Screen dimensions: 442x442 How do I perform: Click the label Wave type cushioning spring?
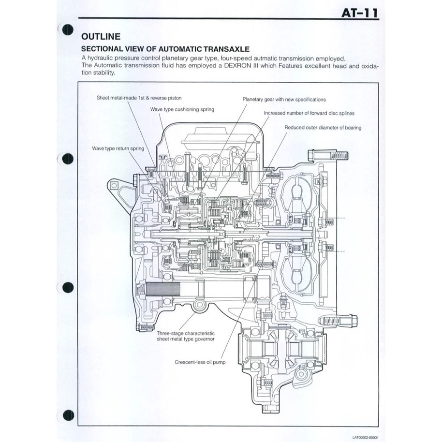[182, 110]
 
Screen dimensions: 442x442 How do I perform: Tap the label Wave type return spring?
[118, 148]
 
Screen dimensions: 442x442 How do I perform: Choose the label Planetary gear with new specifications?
[284, 99]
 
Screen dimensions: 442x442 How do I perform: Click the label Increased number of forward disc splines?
[309, 113]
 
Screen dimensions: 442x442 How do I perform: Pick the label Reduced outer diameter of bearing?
[323, 128]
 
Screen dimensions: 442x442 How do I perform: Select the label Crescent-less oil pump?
[200, 361]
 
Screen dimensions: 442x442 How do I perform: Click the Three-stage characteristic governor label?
[186, 337]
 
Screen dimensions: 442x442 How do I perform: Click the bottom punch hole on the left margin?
[68, 415]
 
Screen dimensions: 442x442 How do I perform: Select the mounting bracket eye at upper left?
[115, 186]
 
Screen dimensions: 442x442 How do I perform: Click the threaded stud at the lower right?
[339, 320]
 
